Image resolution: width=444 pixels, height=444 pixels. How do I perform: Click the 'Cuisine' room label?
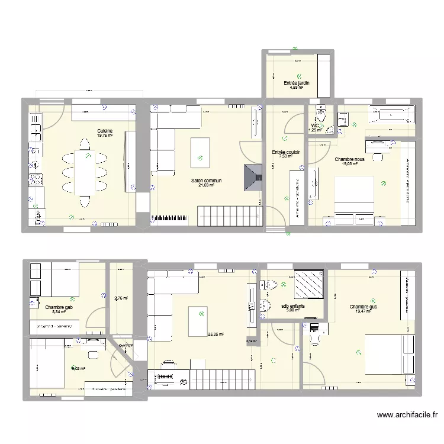pos(105,131)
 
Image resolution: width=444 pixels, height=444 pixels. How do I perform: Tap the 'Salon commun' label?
pos(206,181)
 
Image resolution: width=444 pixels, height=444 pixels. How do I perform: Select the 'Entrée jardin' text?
pos(297,83)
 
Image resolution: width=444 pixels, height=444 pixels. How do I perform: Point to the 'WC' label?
pos(315,126)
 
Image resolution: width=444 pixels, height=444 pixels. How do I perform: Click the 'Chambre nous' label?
pos(349,159)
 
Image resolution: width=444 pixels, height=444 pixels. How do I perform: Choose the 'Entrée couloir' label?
pos(286,152)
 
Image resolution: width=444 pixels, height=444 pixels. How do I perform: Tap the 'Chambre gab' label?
pos(59,307)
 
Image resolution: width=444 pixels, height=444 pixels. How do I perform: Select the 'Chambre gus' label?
pos(363,307)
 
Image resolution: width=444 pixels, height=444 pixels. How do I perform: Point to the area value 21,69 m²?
pos(206,185)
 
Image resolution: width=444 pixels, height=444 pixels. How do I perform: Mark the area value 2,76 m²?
pos(121,298)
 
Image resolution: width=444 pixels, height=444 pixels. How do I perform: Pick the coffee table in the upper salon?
pos(200,149)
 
